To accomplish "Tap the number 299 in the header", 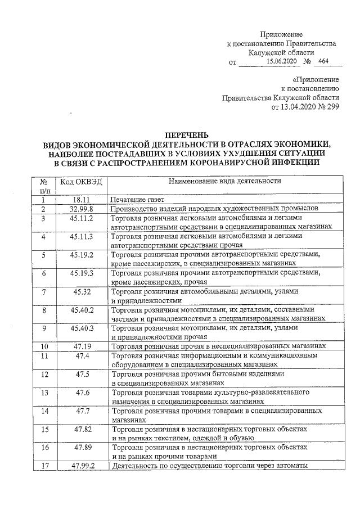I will [x=331, y=107].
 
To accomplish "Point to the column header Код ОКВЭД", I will [x=81, y=182].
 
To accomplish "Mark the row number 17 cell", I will [x=43, y=466].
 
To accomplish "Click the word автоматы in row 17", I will [x=290, y=466].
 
